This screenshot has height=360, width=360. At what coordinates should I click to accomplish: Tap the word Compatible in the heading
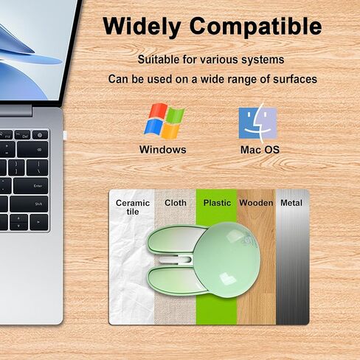tap(256, 27)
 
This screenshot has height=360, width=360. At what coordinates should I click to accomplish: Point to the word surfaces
tap(295, 79)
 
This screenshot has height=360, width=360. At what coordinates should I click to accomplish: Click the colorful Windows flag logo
tap(165, 121)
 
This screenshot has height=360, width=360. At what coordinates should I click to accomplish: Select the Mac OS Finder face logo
tap(258, 123)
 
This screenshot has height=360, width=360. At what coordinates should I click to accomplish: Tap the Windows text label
tap(163, 150)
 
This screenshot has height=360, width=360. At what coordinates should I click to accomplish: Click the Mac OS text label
tap(260, 150)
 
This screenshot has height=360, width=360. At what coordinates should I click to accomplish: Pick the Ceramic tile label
tap(133, 207)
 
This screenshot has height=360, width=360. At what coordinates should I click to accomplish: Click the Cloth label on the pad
tap(176, 203)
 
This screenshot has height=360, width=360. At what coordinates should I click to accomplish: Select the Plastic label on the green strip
tap(217, 203)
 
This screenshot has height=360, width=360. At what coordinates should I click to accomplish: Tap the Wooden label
tap(256, 203)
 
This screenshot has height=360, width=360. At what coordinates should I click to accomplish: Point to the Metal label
tap(291, 203)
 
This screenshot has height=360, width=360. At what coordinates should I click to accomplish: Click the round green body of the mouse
tap(228, 260)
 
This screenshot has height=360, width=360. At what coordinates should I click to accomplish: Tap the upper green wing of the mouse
tap(175, 239)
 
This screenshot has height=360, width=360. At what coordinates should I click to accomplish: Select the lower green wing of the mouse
tap(175, 280)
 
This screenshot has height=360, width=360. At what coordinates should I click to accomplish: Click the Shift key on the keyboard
tap(29, 204)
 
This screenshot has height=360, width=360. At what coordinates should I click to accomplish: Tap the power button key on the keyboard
tap(40, 135)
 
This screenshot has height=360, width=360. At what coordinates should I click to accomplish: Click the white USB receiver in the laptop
tap(65, 135)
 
